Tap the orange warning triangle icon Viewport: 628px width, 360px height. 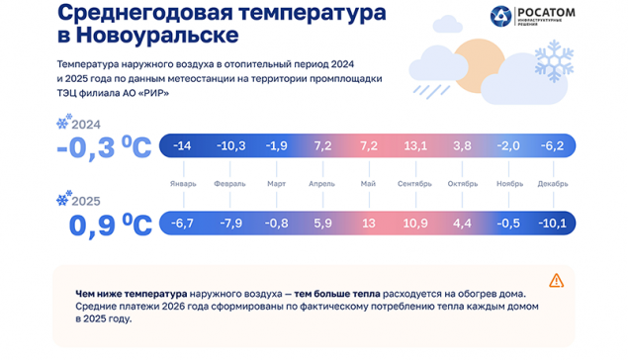point(556,280)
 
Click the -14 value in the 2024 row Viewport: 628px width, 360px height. point(183,145)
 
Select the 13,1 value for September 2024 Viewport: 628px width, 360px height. point(414,145)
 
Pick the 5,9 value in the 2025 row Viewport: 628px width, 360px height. point(322,223)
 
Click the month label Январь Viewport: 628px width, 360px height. point(183,183)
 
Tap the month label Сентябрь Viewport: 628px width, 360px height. point(414,183)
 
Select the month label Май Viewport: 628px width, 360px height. point(369,183)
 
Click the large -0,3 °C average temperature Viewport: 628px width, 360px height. point(105,148)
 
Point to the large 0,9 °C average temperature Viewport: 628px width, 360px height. point(109,225)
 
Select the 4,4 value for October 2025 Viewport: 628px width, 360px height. point(461,223)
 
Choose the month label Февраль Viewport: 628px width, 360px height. point(229,183)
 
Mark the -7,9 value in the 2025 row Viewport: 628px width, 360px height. point(229,223)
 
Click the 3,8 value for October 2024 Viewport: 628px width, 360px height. point(461,145)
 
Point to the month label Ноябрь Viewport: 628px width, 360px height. point(507,183)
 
